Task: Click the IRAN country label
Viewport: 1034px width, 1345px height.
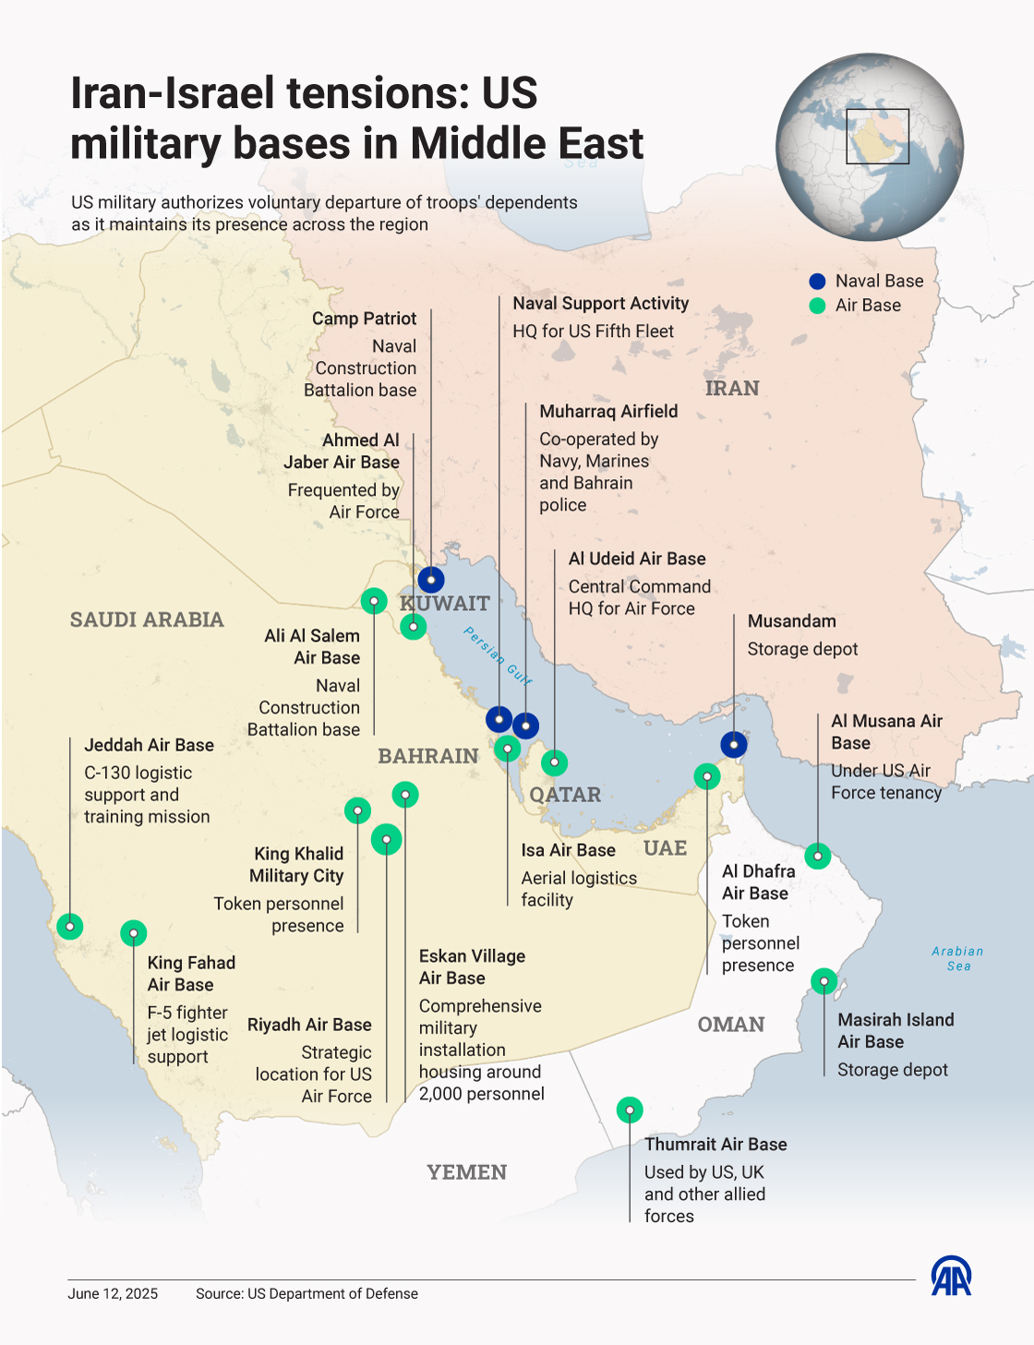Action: [732, 389]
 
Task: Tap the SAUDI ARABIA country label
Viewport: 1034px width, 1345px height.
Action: [147, 619]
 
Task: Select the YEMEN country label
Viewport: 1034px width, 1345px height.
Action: [466, 1172]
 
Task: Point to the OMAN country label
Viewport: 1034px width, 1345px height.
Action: [730, 1025]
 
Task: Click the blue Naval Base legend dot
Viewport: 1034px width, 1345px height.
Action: [817, 282]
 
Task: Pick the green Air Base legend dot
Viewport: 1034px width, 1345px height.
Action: [817, 306]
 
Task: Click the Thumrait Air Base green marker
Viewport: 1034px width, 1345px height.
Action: [630, 1110]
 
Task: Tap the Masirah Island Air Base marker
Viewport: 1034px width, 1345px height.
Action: [824, 980]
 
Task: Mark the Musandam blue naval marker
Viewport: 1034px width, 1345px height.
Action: [734, 744]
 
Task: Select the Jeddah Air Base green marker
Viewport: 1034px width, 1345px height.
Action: [70, 926]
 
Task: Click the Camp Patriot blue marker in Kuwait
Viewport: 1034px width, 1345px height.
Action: [431, 580]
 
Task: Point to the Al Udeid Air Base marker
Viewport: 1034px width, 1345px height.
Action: [554, 763]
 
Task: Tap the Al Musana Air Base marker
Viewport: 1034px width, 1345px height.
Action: [818, 856]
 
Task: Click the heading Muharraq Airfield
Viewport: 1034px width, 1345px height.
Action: [608, 412]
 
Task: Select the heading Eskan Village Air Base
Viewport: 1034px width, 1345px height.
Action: [472, 967]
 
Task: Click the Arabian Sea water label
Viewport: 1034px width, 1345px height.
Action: [957, 958]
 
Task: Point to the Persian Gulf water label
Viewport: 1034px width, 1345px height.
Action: [498, 656]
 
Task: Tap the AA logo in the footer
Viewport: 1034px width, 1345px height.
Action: [951, 1276]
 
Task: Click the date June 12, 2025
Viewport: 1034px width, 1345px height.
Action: [113, 1293]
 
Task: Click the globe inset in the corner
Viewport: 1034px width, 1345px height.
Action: [870, 147]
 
